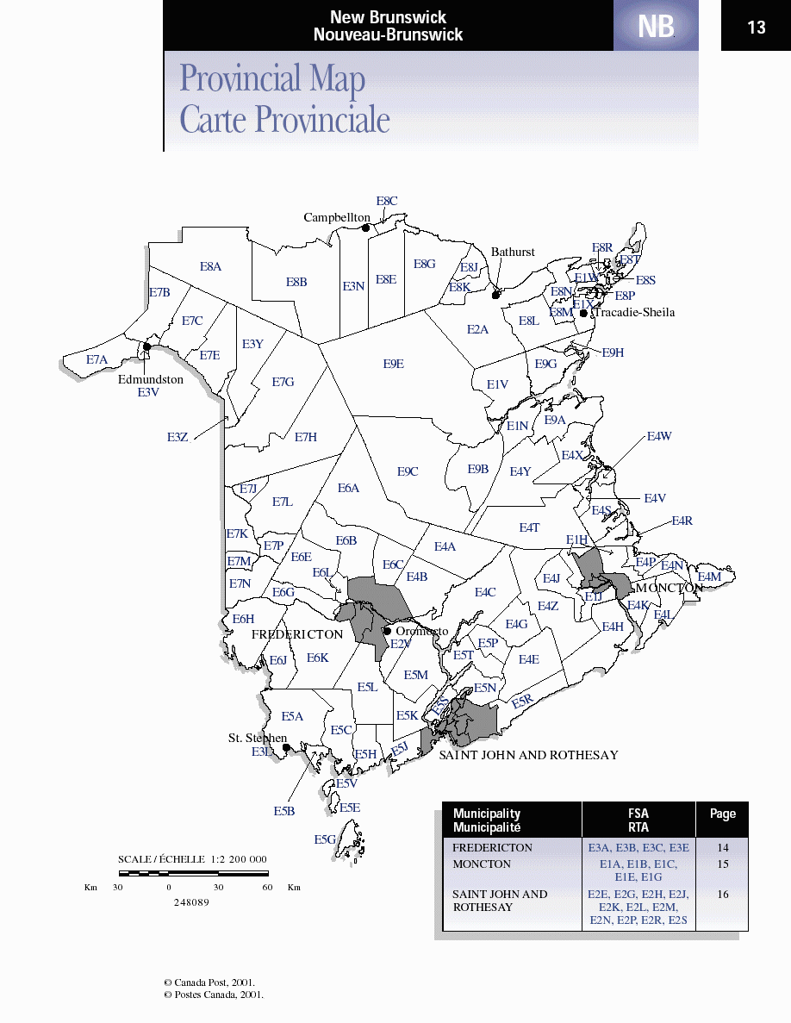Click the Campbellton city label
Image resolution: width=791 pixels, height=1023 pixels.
[x=336, y=218]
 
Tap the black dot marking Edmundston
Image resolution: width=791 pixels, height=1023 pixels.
[x=147, y=346]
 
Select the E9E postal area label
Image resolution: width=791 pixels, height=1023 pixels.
[x=394, y=364]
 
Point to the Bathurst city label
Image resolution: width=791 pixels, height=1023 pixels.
[x=513, y=253]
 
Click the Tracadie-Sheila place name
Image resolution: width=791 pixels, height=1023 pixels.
[x=634, y=313]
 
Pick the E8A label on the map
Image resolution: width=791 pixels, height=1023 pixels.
[x=211, y=267]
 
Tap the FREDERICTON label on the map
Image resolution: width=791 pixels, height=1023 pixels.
[x=297, y=634]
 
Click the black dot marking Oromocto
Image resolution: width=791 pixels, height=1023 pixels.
[x=388, y=631]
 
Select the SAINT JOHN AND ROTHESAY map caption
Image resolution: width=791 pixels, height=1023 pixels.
[x=528, y=755]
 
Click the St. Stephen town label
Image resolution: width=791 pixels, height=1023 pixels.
[x=257, y=739]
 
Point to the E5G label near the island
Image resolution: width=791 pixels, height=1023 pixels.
[x=325, y=839]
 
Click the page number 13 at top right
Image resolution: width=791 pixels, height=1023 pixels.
[x=756, y=28]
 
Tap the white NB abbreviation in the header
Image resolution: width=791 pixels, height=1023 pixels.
[x=656, y=28]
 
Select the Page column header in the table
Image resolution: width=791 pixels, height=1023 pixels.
[x=722, y=814]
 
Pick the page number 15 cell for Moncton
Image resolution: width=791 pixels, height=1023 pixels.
[x=722, y=864]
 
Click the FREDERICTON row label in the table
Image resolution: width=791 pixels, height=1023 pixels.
[x=492, y=847]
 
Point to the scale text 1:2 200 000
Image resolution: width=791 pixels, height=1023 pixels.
[x=239, y=859]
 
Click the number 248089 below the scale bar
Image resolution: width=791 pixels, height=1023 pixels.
[x=190, y=902]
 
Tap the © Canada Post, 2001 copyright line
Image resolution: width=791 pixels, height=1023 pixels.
[x=209, y=982]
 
